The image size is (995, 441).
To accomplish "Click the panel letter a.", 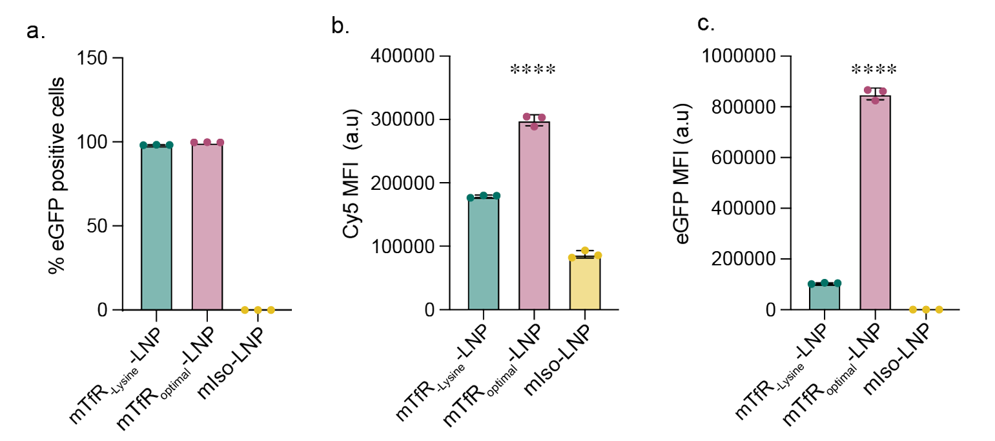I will pyautogui.click(x=35, y=31).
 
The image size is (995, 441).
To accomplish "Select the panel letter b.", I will pyautogui.click(x=339, y=26).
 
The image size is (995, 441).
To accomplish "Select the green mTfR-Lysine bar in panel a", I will pyautogui.click(x=156, y=227).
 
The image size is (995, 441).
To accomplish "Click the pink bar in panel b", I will pyautogui.click(x=534, y=216).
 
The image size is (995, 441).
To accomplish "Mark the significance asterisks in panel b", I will pyautogui.click(x=533, y=70).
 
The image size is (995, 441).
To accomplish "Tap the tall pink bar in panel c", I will pyautogui.click(x=875, y=203).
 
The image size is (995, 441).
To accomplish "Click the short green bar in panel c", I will pyautogui.click(x=825, y=297).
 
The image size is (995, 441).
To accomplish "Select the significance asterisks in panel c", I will pyautogui.click(x=874, y=70).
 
